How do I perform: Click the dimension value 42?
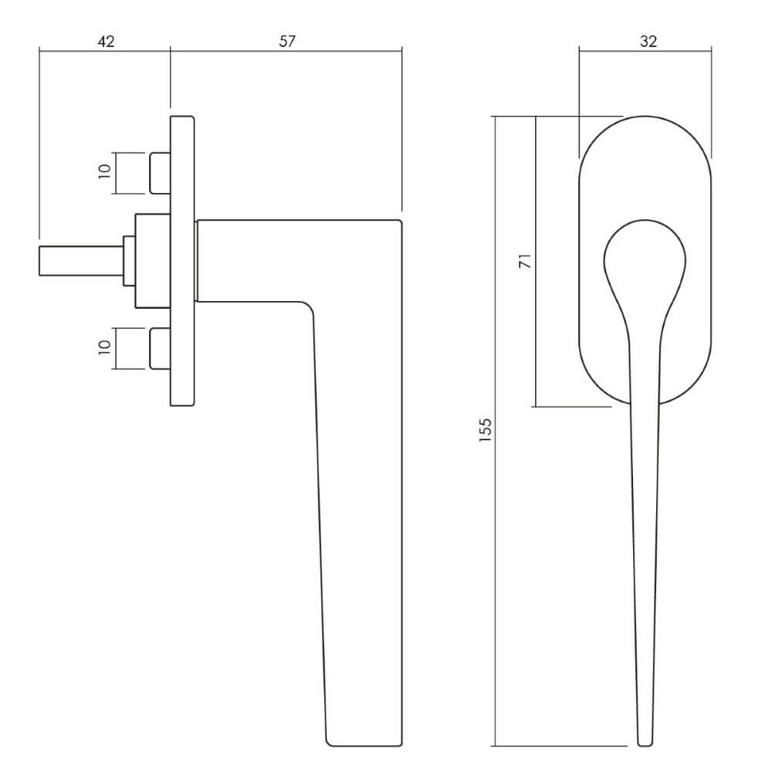click(106, 42)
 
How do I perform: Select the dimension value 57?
click(287, 42)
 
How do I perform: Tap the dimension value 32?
click(648, 42)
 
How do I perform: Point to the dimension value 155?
click(486, 430)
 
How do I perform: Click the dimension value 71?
click(526, 260)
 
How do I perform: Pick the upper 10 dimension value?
click(105, 171)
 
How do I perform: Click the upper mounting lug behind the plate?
click(160, 173)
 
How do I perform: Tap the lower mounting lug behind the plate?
click(160, 348)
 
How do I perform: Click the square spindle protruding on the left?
click(81, 261)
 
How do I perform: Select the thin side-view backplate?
click(183, 261)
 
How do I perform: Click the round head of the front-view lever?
click(645, 259)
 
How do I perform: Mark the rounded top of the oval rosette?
click(645, 117)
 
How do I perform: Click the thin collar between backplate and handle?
click(196, 261)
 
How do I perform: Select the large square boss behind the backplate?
click(153, 261)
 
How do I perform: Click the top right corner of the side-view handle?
click(401, 221)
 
